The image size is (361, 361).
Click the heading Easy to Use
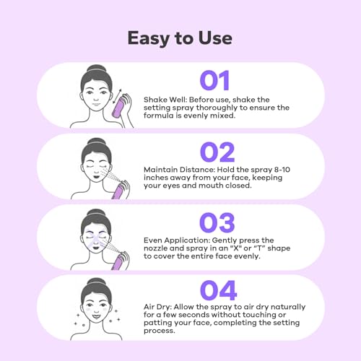[x=180, y=37]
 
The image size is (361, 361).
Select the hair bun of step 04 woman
[x=96, y=280]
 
